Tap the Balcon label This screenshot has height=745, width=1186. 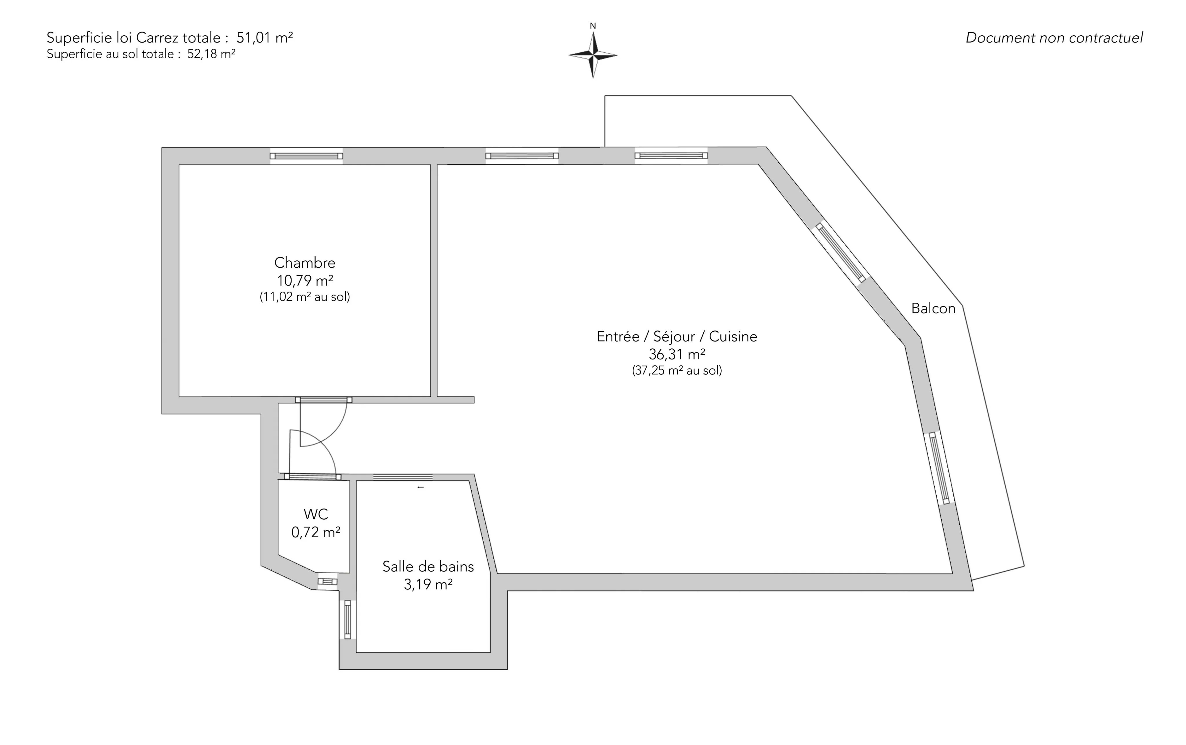[933, 308]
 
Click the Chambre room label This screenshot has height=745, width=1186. [305, 263]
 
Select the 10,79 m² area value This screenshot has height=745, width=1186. [305, 280]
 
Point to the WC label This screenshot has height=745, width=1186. [316, 514]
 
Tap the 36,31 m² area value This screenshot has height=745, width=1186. [677, 354]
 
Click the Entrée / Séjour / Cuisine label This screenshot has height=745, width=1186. [677, 337]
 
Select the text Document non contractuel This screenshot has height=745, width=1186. [1054, 38]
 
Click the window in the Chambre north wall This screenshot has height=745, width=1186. [306, 156]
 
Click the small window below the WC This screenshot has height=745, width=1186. [327, 581]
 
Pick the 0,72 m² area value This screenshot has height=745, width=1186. [316, 532]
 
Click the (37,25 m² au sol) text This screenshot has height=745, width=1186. [677, 370]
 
